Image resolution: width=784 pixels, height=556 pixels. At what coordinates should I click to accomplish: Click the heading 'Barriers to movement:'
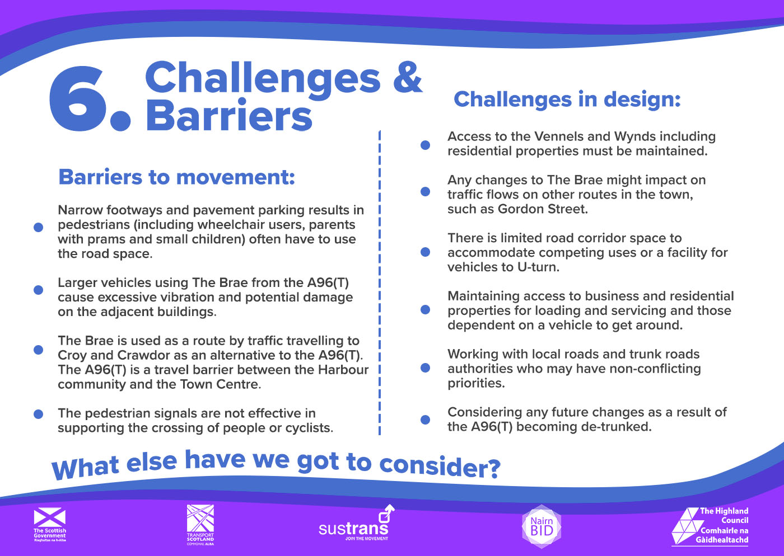177,177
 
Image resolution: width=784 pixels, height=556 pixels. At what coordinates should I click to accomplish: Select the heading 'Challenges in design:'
567,100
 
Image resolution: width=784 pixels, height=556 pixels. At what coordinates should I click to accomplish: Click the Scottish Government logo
50,524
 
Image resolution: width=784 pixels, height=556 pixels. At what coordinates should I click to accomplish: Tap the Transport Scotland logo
200,525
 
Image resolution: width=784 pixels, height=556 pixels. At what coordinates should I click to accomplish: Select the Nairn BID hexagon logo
542,526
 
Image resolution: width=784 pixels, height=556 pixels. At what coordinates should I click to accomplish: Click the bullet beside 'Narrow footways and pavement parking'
38,227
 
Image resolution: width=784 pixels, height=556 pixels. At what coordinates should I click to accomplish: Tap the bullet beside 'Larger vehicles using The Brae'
38,290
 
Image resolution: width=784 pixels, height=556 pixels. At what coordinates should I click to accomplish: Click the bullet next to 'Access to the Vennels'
425,145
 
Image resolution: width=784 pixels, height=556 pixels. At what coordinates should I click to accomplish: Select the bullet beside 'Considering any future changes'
425,420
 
